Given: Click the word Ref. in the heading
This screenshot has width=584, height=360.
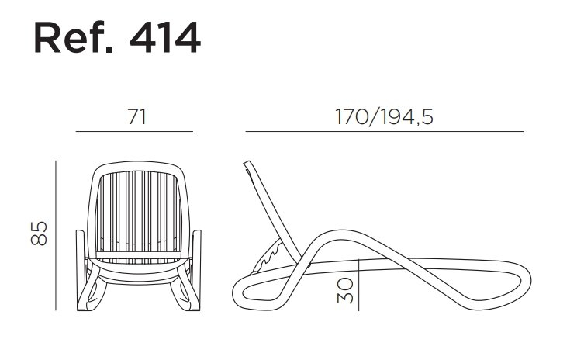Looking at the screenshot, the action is click(73, 37).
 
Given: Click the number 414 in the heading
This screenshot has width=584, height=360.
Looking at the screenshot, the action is click(165, 38).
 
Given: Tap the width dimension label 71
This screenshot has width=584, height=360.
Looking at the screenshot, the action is click(137, 116).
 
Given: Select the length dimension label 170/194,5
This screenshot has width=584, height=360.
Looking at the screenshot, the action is click(384, 116).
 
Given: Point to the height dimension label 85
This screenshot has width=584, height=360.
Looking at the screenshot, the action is click(39, 234).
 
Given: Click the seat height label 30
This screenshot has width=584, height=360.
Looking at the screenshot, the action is click(345, 290).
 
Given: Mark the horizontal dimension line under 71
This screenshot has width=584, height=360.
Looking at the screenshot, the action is click(134, 131).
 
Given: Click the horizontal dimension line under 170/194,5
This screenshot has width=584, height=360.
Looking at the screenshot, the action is click(385, 131).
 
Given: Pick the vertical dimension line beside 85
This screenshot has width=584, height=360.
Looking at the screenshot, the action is click(56, 236).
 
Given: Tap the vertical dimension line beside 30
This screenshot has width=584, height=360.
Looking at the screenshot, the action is click(358, 285).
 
